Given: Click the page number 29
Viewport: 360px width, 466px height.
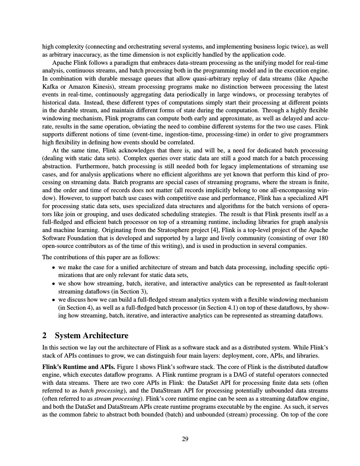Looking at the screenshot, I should click(185, 439).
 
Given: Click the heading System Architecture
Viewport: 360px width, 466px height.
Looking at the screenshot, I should click(92, 335).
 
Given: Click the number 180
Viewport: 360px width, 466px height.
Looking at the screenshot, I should click(323, 238).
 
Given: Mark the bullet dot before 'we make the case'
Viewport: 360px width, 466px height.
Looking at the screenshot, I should click(53, 268).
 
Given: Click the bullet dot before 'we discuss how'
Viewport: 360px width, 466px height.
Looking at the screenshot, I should click(53, 300).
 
